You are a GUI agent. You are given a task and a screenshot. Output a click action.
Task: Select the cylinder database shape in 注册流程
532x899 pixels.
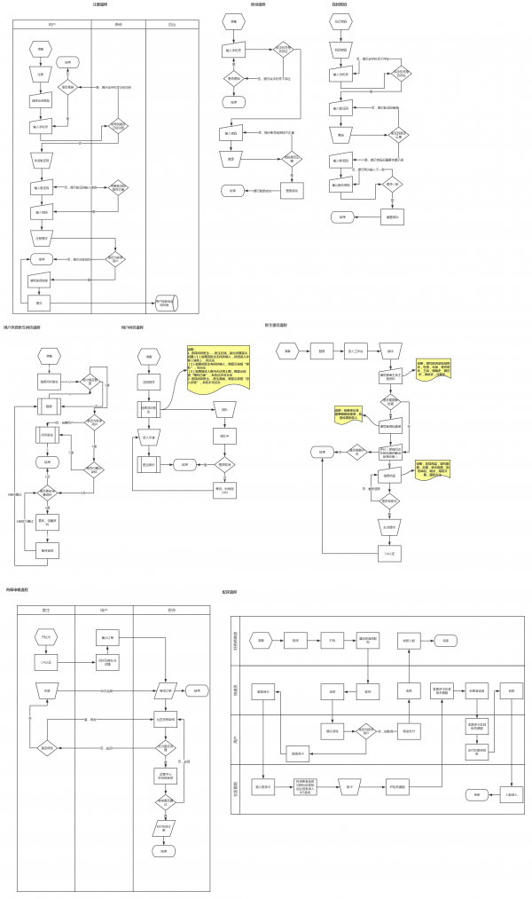click(x=166, y=303)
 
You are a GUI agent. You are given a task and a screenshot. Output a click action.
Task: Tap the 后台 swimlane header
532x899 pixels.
click(x=171, y=24)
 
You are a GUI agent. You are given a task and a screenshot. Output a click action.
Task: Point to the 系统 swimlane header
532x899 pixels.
click(x=119, y=24)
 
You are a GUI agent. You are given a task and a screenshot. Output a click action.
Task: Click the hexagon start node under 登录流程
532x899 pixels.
click(x=233, y=20)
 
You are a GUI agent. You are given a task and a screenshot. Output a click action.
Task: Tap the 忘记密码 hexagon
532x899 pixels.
click(x=341, y=21)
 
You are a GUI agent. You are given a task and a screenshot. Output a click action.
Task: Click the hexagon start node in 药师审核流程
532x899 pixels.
click(x=46, y=637)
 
